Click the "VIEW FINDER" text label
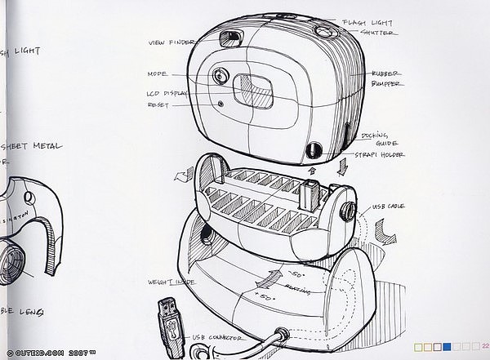[x=171, y=42]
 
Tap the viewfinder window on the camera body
[x=231, y=38]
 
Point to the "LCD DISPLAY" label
[x=167, y=93]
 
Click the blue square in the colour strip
[x=447, y=347]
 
